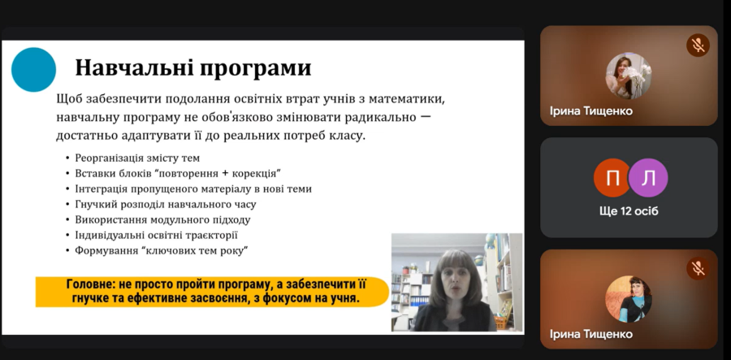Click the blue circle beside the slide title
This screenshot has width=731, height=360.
(33, 70)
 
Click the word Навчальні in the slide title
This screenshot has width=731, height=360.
(134, 67)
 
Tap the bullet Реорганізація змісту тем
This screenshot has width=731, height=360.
(137, 158)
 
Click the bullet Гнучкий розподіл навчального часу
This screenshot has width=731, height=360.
(166, 204)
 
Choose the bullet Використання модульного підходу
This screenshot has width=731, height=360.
(162, 219)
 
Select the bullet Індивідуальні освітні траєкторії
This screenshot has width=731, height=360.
(156, 235)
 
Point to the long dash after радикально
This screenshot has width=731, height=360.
(425, 116)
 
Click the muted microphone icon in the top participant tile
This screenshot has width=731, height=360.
(698, 46)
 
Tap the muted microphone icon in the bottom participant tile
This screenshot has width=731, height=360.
(698, 268)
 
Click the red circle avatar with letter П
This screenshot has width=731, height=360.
(612, 178)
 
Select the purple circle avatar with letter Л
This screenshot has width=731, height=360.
(648, 178)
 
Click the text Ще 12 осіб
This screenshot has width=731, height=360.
(629, 211)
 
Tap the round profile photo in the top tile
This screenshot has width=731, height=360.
(629, 76)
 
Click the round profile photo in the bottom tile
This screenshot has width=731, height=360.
(629, 299)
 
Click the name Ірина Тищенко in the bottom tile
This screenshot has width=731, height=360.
(591, 334)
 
